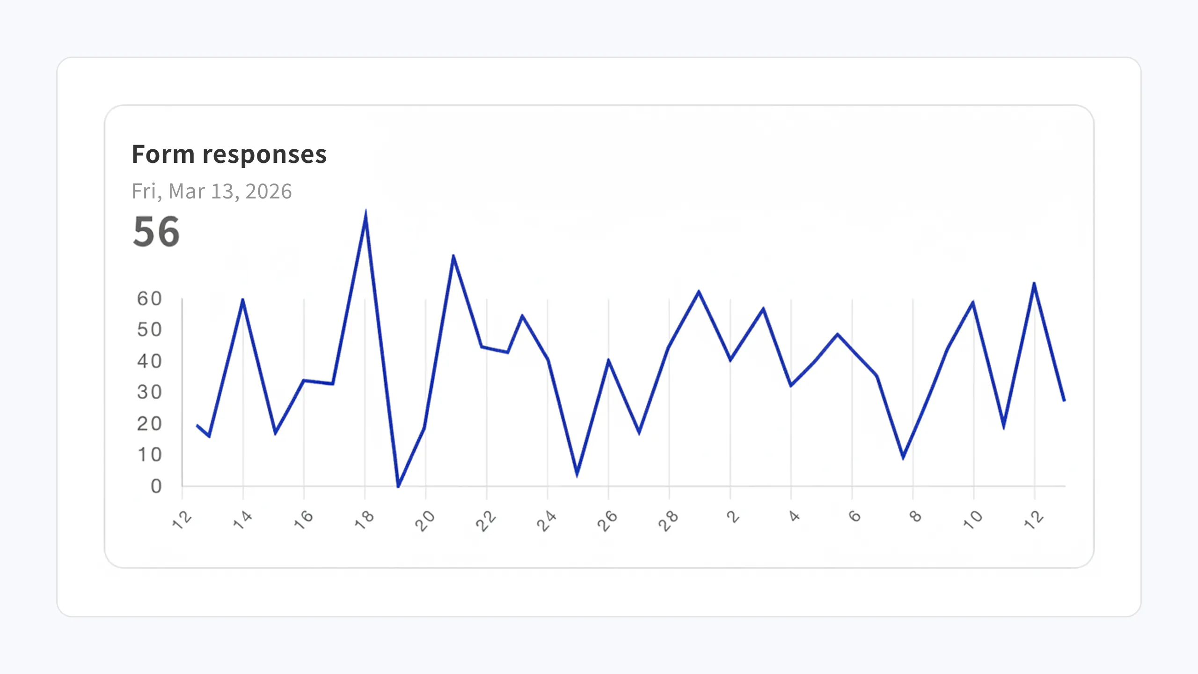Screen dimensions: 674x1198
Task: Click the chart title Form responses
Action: [x=229, y=154]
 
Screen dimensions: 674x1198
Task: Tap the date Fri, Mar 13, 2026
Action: [x=212, y=191]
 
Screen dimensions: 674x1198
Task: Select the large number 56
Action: [x=156, y=232]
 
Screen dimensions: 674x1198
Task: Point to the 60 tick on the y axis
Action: [x=149, y=299]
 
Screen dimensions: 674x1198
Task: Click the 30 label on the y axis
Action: [x=149, y=392]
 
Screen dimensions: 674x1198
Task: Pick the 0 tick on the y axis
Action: [x=156, y=486]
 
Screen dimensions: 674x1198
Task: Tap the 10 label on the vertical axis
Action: [x=149, y=455]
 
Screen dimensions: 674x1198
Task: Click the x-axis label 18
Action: [x=364, y=519]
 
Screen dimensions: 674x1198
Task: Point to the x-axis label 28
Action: [x=668, y=520]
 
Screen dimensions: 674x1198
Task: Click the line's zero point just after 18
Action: [x=398, y=486]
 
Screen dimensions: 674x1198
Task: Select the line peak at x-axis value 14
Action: [x=242, y=300]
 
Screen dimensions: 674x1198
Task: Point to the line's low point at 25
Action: [x=577, y=475]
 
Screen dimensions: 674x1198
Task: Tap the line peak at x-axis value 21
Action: [x=453, y=256]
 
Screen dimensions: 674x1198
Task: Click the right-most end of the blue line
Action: [x=1064, y=401]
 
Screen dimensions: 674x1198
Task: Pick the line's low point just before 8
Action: [x=903, y=457]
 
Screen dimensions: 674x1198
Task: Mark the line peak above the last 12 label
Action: [x=1034, y=284]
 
